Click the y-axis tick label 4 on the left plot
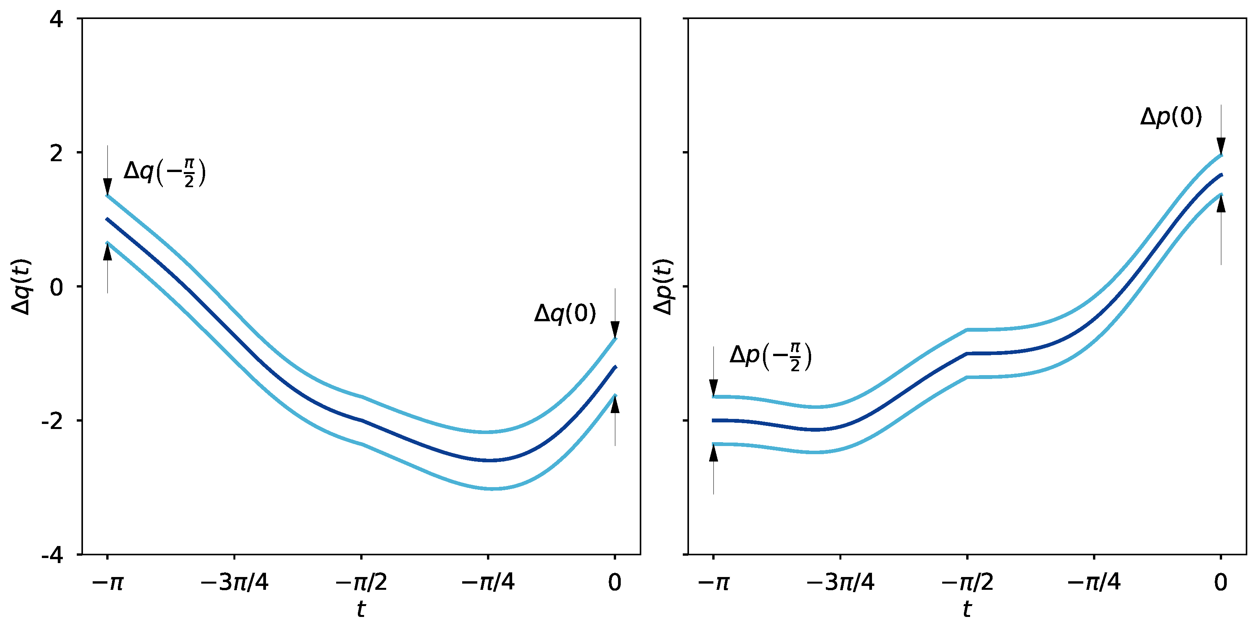(x=57, y=20)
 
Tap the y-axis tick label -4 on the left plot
(x=53, y=555)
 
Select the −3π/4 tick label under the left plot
(x=234, y=582)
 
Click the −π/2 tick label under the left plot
(x=361, y=582)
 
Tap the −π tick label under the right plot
(x=713, y=582)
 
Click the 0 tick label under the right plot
(x=1221, y=582)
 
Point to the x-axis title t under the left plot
(x=361, y=609)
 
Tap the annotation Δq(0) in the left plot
(x=565, y=313)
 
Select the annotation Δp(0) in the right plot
(x=1171, y=117)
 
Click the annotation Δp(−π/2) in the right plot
(x=770, y=357)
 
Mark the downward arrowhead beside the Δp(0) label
(x=1221, y=146)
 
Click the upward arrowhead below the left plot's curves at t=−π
(x=108, y=251)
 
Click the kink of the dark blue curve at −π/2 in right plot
(x=967, y=353)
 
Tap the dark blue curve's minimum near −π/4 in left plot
(x=489, y=460)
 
